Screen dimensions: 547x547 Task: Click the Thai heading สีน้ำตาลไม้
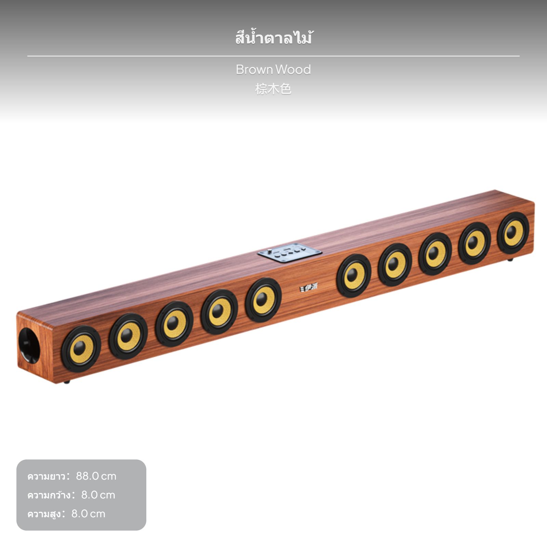coord(273,38)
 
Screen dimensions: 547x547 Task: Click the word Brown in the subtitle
coord(254,70)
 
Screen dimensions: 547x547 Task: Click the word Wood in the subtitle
coord(293,70)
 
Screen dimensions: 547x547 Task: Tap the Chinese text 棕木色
coord(273,89)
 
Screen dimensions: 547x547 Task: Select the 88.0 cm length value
coord(96,476)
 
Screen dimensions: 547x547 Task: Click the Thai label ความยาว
coord(46,476)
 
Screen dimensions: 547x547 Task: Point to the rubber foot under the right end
coord(510,260)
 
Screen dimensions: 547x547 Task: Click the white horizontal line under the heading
coord(273,56)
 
